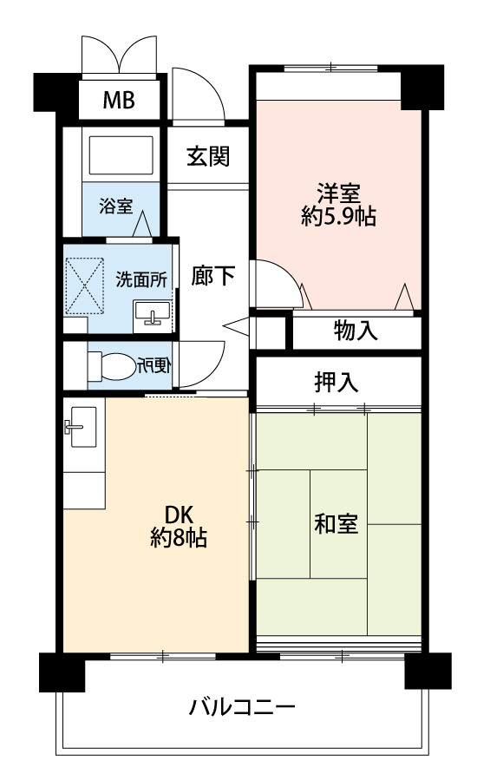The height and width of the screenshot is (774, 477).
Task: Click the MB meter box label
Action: (119, 100)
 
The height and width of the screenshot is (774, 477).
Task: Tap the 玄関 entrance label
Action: (208, 156)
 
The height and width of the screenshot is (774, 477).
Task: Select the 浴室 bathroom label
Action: (116, 206)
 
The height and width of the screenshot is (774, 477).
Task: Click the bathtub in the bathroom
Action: (121, 155)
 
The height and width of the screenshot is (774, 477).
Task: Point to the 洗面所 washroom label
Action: (141, 280)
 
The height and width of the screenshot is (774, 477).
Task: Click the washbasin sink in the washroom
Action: (152, 313)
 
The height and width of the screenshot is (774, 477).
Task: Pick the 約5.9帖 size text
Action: (338, 216)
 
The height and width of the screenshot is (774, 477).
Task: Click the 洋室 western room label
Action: (338, 193)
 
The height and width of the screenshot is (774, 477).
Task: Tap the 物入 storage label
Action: (356, 331)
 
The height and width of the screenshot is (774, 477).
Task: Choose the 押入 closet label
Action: (337, 382)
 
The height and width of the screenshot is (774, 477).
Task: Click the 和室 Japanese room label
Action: (337, 523)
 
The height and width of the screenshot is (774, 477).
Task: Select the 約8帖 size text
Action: (179, 538)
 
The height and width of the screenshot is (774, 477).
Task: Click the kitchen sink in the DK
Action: (83, 427)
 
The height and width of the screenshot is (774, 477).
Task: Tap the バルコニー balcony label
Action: (242, 707)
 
